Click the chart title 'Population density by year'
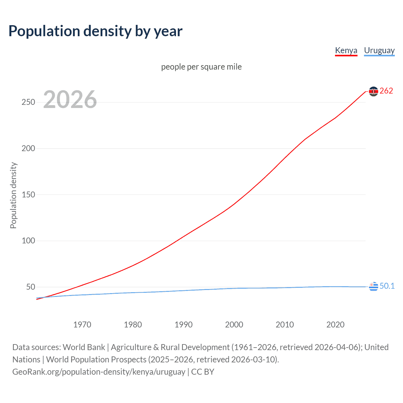click(95, 31)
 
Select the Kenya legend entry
click(346, 50)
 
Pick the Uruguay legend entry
click(379, 50)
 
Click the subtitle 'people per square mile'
click(201, 67)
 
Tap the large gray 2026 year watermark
click(70, 99)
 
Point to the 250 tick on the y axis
click(28, 102)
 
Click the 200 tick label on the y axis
click(28, 148)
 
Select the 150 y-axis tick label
click(28, 195)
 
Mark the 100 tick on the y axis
click(28, 241)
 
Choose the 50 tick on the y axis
click(31, 287)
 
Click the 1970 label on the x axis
click(82, 325)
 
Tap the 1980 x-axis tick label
click(133, 325)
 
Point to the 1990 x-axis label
click(184, 325)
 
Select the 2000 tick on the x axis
click(234, 325)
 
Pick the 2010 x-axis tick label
click(285, 325)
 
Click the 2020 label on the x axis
click(335, 325)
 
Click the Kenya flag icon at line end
click(373, 91)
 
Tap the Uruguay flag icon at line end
click(373, 287)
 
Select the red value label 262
click(386, 91)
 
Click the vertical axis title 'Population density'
click(13, 195)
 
